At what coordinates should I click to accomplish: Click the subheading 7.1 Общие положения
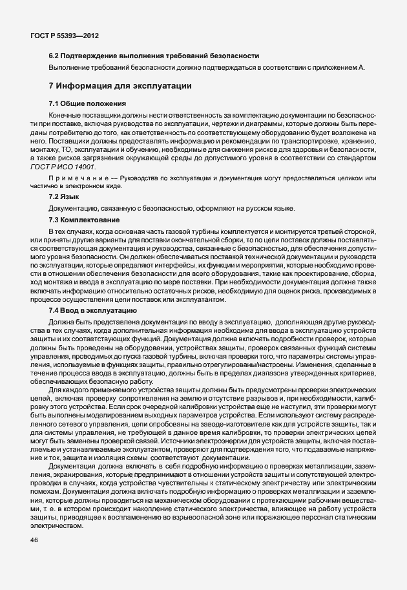pyautogui.click(x=87, y=103)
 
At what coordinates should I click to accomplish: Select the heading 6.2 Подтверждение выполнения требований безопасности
pyautogui.click(x=154, y=56)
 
